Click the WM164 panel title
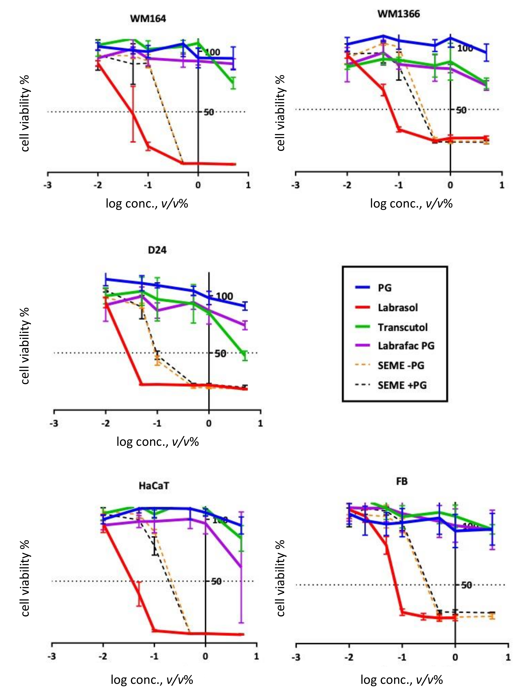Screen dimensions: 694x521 [148, 19]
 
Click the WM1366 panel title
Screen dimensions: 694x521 [398, 14]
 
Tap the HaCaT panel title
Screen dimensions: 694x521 [154, 486]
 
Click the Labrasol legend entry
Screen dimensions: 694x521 [397, 307]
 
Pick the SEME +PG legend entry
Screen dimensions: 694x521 [402, 385]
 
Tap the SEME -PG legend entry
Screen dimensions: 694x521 [401, 365]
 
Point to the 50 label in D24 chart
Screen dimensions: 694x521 [220, 354]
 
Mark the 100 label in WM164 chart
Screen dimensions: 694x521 [212, 52]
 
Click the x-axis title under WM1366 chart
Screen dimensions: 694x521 [411, 204]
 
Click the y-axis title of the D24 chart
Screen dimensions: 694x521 [25, 346]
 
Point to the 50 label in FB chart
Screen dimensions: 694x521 [466, 585]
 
